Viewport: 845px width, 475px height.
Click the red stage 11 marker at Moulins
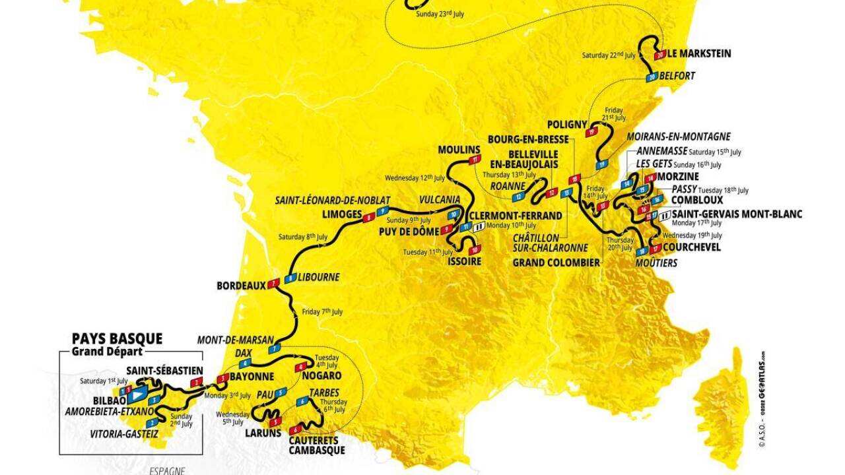click(473, 160)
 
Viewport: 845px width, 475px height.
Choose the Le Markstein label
click(698, 53)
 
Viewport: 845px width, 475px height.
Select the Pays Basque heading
click(117, 338)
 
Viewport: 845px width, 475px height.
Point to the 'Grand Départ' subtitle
click(106, 351)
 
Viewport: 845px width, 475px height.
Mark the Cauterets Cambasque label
click(317, 445)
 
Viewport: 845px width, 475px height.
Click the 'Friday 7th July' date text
click(323, 311)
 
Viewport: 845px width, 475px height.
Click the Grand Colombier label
click(556, 263)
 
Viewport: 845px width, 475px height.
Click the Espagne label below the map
click(166, 470)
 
